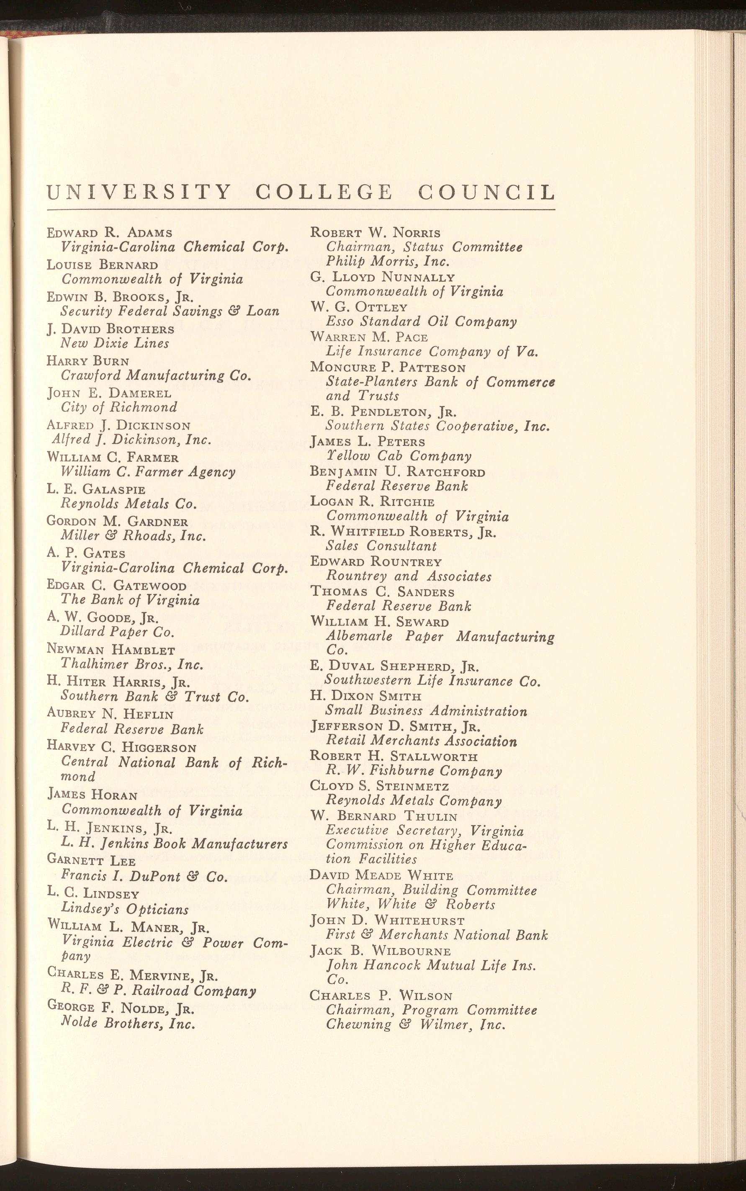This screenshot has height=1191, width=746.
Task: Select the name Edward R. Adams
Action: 110,232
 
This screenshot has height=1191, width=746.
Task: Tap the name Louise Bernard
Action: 103,265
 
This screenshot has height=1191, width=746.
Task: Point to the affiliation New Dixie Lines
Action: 115,343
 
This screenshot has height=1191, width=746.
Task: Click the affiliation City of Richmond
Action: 119,407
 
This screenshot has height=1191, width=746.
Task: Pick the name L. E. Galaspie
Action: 96,489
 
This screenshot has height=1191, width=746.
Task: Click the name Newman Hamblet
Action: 111,650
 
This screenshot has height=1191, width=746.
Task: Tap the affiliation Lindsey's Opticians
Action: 125,909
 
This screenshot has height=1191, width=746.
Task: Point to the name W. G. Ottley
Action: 359,307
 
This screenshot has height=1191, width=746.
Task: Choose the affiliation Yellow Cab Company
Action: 399,456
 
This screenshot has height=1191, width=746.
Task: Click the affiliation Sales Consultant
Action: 381,546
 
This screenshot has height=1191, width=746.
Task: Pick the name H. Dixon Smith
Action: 366,696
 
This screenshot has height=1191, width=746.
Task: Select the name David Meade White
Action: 381,876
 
